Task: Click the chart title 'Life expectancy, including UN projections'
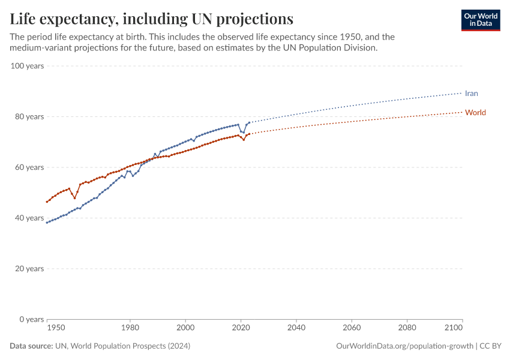tap(151, 19)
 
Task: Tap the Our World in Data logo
tap(480, 20)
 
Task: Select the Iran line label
tap(471, 93)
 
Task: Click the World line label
tap(475, 112)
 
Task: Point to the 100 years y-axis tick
tap(27, 66)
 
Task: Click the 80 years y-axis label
tap(29, 116)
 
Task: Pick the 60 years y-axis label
tap(29, 167)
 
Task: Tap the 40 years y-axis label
tap(29, 218)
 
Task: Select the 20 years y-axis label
tap(29, 268)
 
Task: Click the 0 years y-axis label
tap(31, 319)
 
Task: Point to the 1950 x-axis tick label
tap(56, 328)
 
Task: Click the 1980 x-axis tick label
tap(130, 328)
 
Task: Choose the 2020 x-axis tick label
tap(241, 328)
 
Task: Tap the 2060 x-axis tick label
tap(352, 328)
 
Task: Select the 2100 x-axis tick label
tap(454, 328)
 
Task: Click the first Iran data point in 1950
tap(47, 223)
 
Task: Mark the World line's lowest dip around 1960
tap(74, 198)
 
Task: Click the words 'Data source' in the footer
tap(31, 346)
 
